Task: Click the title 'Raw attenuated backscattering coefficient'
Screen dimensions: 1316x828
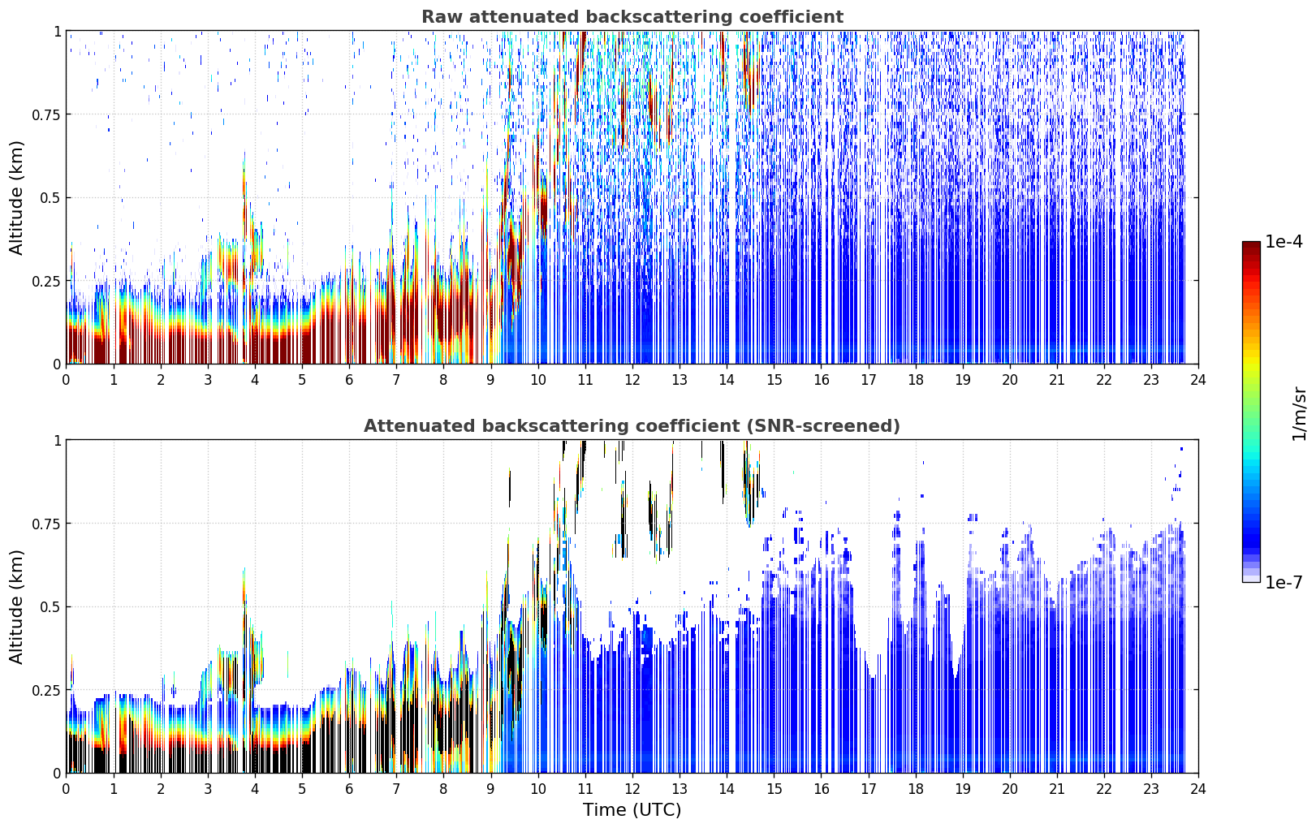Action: pyautogui.click(x=632, y=16)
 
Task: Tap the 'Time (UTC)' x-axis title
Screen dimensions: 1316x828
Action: pyautogui.click(x=632, y=810)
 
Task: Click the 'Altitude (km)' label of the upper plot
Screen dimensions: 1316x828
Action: pyautogui.click(x=16, y=198)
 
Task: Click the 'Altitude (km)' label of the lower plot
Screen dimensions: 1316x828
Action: pyautogui.click(x=16, y=606)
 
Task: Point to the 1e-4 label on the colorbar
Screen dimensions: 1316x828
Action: pyautogui.click(x=1284, y=241)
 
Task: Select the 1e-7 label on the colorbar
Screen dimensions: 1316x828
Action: pyautogui.click(x=1284, y=583)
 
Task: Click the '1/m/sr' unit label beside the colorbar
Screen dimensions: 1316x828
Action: pyautogui.click(x=1299, y=413)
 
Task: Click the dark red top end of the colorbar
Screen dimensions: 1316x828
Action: pyautogui.click(x=1251, y=244)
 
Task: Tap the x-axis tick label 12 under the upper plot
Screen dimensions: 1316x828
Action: pyautogui.click(x=632, y=380)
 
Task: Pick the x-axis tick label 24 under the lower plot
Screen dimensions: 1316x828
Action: pyautogui.click(x=1198, y=789)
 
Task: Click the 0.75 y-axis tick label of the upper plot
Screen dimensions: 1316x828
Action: pyautogui.click(x=46, y=114)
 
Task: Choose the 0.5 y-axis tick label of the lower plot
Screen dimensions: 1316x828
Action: pyautogui.click(x=50, y=606)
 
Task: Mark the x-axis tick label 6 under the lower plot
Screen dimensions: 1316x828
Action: pyautogui.click(x=349, y=789)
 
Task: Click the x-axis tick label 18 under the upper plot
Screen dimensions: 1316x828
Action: pyautogui.click(x=915, y=380)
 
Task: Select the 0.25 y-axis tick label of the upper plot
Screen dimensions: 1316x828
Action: pyautogui.click(x=46, y=282)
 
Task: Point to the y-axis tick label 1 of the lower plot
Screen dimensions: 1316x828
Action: pyautogui.click(x=58, y=441)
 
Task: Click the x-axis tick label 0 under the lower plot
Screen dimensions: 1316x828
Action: pyautogui.click(x=66, y=789)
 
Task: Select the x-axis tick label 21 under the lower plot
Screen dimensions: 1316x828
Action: pyautogui.click(x=1057, y=789)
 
